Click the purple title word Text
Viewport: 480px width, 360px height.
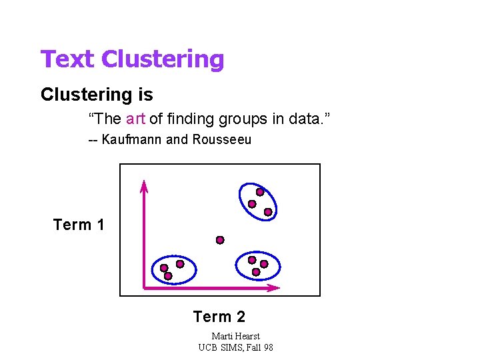tap(68, 59)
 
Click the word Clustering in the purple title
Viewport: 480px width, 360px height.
tap(163, 59)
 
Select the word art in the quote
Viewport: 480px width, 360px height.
tap(135, 119)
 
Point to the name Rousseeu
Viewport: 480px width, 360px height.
tap(222, 140)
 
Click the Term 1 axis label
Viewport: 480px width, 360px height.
tap(79, 225)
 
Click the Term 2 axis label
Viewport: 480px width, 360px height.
tap(219, 317)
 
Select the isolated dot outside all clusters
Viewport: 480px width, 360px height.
tap(220, 240)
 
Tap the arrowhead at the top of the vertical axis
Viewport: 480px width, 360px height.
tap(143, 185)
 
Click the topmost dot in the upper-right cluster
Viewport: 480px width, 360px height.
tap(260, 192)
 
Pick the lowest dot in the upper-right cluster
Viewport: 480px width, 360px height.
tap(268, 212)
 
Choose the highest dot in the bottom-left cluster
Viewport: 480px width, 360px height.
tap(180, 264)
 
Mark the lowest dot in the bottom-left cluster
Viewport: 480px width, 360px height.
tap(168, 275)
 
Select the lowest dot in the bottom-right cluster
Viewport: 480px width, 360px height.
tap(256, 272)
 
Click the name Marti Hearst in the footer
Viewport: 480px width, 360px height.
tap(235, 336)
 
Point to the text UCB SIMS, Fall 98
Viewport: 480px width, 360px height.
tap(235, 347)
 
